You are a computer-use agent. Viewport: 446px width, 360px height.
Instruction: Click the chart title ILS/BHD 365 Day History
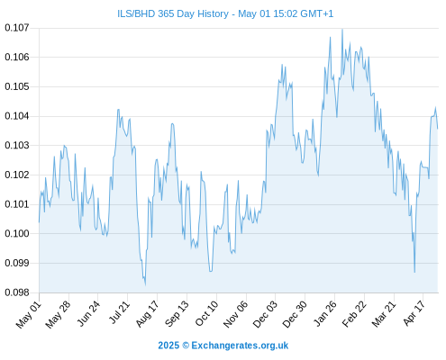[173, 13]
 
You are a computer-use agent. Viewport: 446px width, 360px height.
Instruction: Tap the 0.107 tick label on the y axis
[17, 28]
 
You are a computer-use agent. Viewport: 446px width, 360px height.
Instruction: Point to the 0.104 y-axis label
[17, 116]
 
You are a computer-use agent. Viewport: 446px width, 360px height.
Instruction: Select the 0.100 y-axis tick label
[17, 233]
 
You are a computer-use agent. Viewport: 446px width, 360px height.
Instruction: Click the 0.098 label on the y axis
[17, 292]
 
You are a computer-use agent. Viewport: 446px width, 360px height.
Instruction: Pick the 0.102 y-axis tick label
[17, 175]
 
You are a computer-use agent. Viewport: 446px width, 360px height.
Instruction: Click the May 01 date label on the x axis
[29, 315]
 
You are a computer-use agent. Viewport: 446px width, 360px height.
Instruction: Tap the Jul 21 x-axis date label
[118, 312]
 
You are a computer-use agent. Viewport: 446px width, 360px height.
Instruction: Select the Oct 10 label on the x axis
[206, 313]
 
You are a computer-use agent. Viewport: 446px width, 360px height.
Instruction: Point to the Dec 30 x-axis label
[295, 314]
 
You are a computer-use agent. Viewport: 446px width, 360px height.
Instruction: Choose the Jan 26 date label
[324, 313]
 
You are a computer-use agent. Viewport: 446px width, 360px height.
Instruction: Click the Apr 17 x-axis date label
[414, 313]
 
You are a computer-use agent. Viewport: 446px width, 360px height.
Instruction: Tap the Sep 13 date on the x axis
[177, 314]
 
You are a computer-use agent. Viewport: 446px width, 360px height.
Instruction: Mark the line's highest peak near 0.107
[342, 30]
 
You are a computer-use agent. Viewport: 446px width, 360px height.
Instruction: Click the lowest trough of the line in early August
[145, 284]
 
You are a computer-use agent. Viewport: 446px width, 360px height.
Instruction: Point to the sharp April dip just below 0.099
[414, 272]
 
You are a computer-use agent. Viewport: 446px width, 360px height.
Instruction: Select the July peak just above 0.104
[118, 110]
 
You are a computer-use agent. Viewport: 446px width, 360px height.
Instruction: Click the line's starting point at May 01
[39, 222]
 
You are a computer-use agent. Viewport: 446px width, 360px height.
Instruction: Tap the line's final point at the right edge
[438, 129]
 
